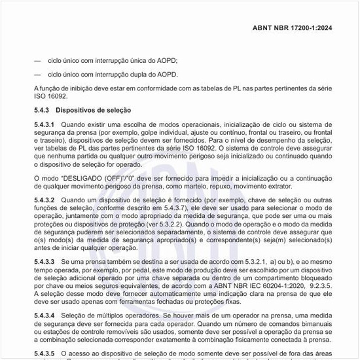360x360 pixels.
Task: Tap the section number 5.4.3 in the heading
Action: [x=42, y=110]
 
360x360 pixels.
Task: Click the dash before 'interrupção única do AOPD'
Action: [x=37, y=60]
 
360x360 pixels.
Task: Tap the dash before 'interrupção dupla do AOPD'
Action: [x=37, y=75]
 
